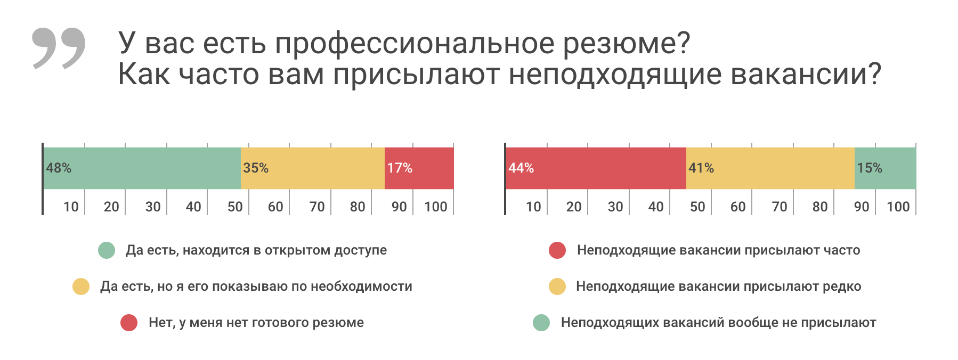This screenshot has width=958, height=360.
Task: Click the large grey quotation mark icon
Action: (59, 48)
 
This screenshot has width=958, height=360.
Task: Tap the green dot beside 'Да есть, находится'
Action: (107, 250)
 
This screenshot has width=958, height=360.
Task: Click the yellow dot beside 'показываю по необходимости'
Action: (81, 287)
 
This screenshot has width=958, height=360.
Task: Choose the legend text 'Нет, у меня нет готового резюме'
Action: (256, 323)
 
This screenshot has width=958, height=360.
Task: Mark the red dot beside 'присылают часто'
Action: (557, 250)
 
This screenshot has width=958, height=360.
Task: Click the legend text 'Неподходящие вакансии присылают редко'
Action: (718, 287)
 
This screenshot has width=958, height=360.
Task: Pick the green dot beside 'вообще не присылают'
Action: (541, 323)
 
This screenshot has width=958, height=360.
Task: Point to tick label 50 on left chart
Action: (235, 207)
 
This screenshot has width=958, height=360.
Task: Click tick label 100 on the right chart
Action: (898, 207)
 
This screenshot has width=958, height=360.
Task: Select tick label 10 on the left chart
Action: (71, 207)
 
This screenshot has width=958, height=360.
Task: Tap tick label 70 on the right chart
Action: (780, 207)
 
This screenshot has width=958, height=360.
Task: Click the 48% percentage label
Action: (59, 168)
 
